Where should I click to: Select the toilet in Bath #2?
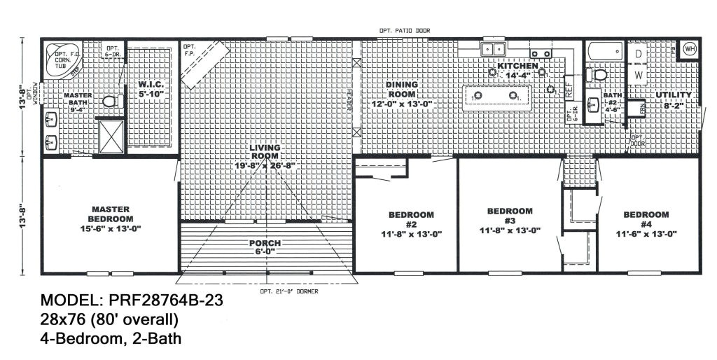tap(599, 75)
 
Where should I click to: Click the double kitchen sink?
tap(494, 48)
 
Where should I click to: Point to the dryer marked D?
tap(639, 53)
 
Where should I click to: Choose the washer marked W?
tap(639, 74)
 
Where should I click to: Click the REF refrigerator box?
tap(569, 89)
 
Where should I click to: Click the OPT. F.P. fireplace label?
tap(190, 50)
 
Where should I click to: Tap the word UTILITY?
tap(674, 95)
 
